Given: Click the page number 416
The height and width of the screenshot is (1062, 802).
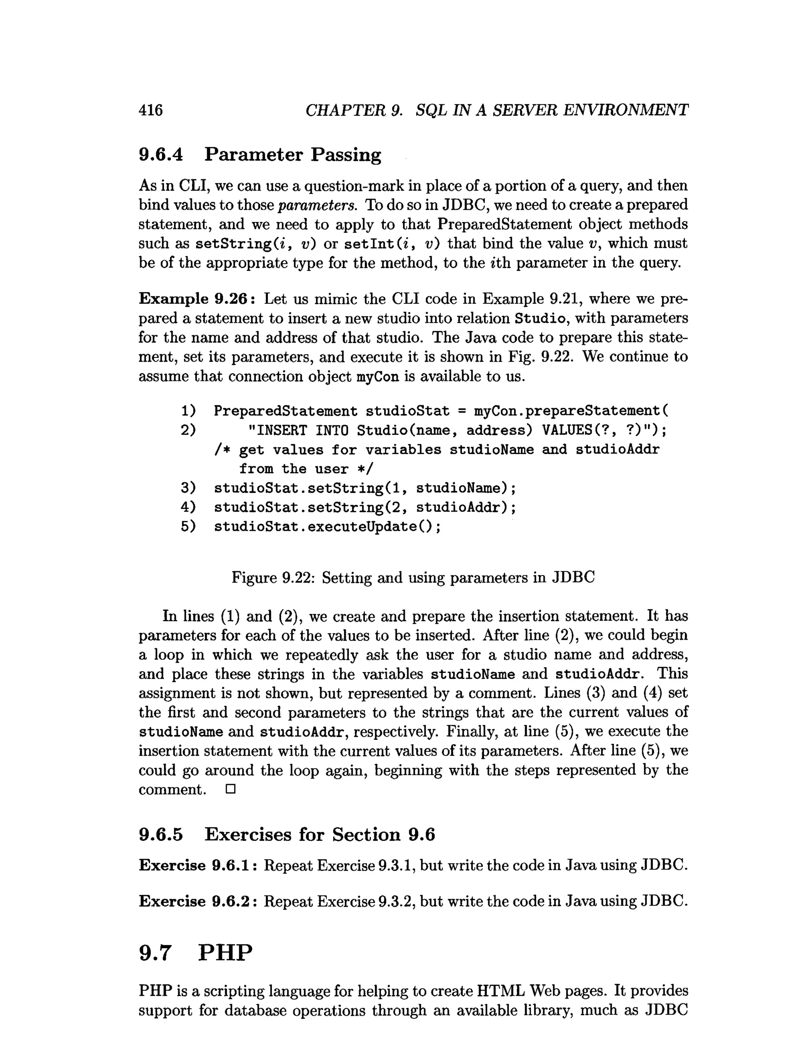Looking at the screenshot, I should coord(150,110).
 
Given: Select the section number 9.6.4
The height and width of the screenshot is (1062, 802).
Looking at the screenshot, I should coord(161,155).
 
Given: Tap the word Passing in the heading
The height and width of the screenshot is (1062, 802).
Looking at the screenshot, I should coord(345,155).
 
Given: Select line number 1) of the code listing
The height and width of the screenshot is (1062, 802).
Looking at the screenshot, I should coord(188,411).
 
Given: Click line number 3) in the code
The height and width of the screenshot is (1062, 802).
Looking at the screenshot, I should coord(188,488).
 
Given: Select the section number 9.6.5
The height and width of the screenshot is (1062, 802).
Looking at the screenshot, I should coord(161,835).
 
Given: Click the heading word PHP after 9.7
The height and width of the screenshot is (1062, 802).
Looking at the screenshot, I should coord(225,952).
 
